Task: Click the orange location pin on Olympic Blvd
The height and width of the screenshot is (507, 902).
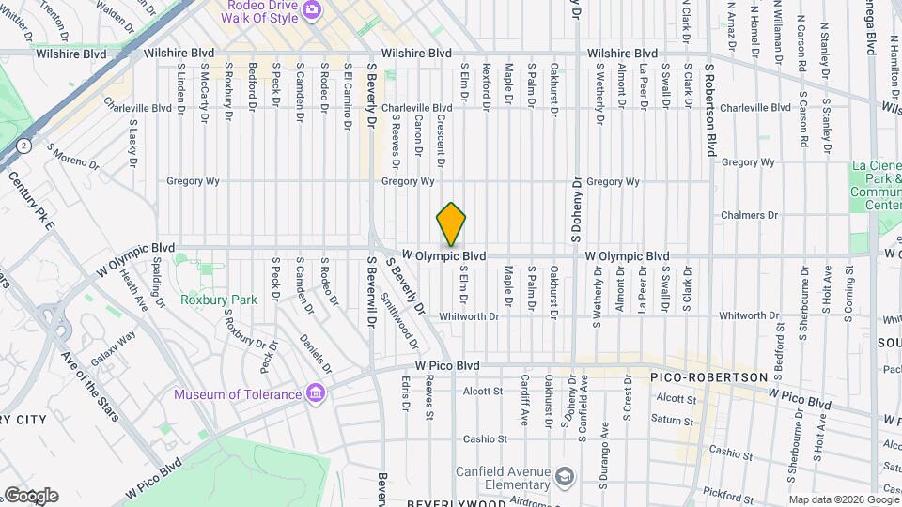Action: coord(452,224)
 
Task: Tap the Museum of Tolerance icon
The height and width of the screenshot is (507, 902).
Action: coord(317,392)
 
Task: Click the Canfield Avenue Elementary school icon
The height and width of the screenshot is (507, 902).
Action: coord(564,476)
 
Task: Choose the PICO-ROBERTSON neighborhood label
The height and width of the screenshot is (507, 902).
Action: coord(696,376)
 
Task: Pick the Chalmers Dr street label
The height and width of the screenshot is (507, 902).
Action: coord(750,215)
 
